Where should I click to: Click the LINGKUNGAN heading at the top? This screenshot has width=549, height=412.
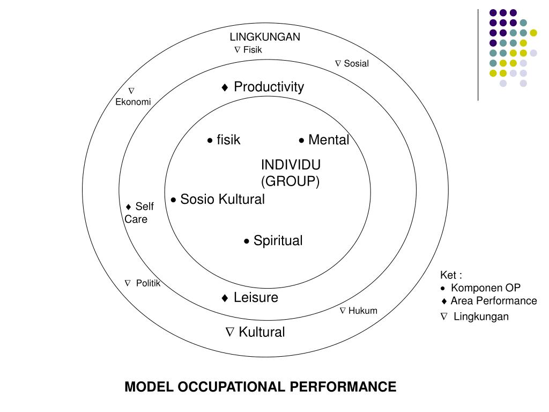coord(265,37)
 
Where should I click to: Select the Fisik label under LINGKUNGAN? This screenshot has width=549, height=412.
coord(253,50)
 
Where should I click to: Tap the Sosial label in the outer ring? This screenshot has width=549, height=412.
coord(356,63)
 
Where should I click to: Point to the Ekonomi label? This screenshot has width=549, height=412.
coord(133,102)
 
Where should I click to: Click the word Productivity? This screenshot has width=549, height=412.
coord(269,87)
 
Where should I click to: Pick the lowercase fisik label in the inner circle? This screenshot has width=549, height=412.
coord(228,140)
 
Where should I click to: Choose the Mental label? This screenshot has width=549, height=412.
coord(328,140)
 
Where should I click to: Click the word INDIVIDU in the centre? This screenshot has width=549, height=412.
coord(291,164)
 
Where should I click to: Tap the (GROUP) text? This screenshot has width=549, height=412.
coord(290,181)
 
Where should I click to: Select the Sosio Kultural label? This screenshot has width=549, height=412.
coord(222,200)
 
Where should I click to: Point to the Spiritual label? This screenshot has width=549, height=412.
coord(278,241)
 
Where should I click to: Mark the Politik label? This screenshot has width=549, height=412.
coord(148,283)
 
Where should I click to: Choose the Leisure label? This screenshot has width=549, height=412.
coord(256,298)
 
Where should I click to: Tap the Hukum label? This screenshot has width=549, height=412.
coord(362,311)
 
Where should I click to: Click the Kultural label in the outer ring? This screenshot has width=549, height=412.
coord(262,332)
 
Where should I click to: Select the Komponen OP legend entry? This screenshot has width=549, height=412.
coord(485,288)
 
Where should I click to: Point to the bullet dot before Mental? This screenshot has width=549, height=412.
coord(302,141)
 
